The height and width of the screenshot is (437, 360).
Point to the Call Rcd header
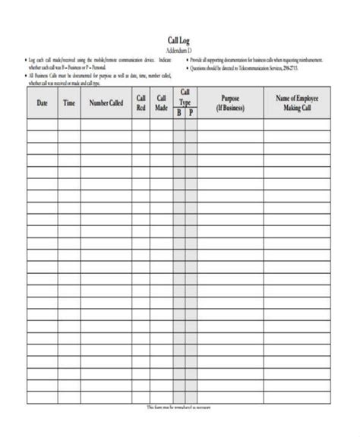pos(141,102)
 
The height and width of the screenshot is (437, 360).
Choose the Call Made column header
pos(161,102)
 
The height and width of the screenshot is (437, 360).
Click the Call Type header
pos(185,96)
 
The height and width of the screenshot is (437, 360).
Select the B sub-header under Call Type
pos(179,113)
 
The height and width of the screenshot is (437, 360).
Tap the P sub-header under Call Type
pos(191,113)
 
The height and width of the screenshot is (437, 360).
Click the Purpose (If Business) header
pos(230,102)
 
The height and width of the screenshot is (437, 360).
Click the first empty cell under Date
pos(43,124)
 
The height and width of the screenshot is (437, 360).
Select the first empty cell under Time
pos(69,124)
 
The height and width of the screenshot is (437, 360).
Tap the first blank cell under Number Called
pos(106,124)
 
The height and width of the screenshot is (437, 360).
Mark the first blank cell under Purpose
pos(230,124)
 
